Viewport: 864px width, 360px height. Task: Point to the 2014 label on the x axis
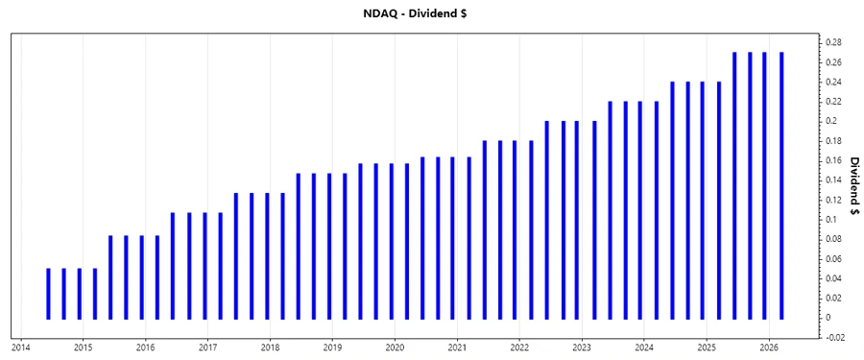20,347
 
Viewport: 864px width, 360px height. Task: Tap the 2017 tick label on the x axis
207,347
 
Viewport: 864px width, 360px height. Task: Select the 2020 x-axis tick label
395,347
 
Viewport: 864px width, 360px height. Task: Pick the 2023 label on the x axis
582,347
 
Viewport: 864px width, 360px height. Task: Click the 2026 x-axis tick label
768,347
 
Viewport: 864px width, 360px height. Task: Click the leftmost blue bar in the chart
48,293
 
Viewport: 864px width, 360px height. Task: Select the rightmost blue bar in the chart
780,185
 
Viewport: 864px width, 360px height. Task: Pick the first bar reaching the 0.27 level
734,185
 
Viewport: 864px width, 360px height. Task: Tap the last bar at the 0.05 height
95,293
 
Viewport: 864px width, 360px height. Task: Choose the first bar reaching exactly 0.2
546,220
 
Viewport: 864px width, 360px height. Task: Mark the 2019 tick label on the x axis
332,347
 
